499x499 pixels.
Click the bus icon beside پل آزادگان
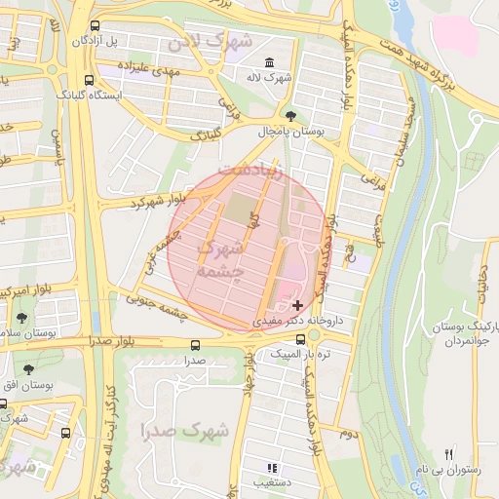pos(94,26)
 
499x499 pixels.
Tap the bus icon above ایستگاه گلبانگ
pos(89,81)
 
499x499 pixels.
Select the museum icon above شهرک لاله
pos(256,61)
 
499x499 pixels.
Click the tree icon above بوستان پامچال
pos(290,116)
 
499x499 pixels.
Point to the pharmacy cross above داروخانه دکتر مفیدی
pos(297,305)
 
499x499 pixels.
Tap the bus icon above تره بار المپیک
pos(313,338)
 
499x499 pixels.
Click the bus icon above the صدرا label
pos(195,345)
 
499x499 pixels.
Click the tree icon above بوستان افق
pos(27,370)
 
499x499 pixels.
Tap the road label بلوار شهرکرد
pos(156,200)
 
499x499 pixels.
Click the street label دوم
pos(347,429)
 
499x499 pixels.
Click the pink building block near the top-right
pos(455,33)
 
